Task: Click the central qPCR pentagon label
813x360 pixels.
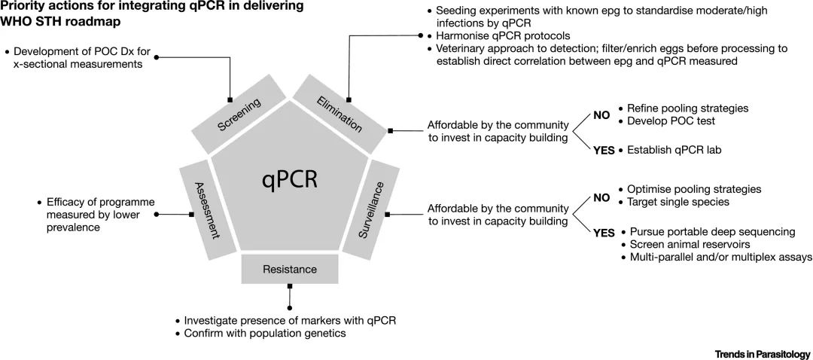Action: click(x=290, y=179)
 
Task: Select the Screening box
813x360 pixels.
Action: click(x=239, y=114)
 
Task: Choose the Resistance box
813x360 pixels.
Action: click(x=290, y=269)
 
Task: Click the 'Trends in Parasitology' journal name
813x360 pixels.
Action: click(x=762, y=353)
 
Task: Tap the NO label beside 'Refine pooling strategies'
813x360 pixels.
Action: click(x=601, y=115)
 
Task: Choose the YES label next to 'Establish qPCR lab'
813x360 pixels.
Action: click(x=604, y=150)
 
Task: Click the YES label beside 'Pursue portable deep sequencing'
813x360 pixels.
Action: click(x=604, y=232)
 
